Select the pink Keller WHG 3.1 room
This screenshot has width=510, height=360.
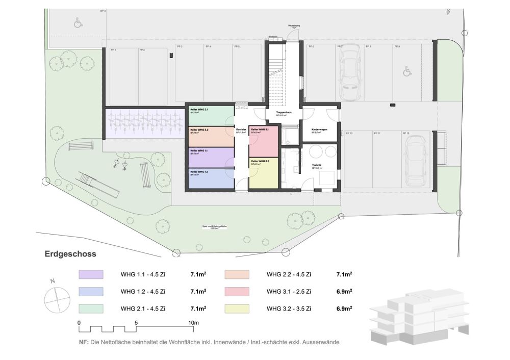click(x=263, y=141)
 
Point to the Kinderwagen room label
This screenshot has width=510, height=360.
click(x=320, y=130)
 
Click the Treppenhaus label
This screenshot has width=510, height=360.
click(x=284, y=113)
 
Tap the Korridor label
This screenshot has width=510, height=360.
click(x=241, y=131)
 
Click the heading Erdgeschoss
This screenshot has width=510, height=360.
click(x=70, y=253)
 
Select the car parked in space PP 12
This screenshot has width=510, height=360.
click(x=416, y=161)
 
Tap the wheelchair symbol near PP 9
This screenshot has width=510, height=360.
click(x=406, y=72)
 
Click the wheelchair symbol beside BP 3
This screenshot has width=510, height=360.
click(x=78, y=23)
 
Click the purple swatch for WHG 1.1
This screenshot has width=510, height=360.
click(x=91, y=275)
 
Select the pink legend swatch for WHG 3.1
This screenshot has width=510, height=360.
click(x=237, y=292)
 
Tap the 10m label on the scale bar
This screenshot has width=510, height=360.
click(x=193, y=323)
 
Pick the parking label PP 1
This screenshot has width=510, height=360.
click(x=113, y=50)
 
